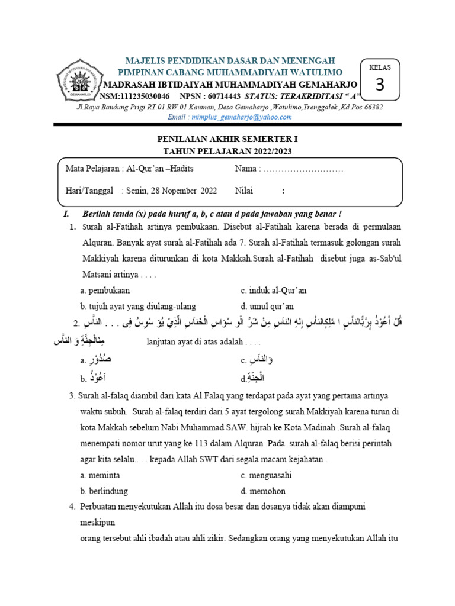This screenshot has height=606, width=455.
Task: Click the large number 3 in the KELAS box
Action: (x=380, y=85)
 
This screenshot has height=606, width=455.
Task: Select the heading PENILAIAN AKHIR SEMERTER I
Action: (x=227, y=140)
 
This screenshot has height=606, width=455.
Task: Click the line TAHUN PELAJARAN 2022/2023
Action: (x=227, y=151)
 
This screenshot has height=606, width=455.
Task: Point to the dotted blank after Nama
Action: (x=303, y=170)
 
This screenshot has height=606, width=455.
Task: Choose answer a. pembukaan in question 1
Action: (x=105, y=291)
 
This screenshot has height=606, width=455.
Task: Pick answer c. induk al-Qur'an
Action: (x=274, y=291)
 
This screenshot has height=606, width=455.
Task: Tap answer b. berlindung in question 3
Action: (x=104, y=491)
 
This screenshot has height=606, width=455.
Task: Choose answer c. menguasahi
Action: (x=267, y=475)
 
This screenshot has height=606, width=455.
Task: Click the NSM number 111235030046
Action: (x=143, y=96)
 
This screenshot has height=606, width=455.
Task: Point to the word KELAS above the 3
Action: (x=380, y=67)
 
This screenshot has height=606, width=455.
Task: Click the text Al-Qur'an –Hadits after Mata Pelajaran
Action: (x=160, y=170)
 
